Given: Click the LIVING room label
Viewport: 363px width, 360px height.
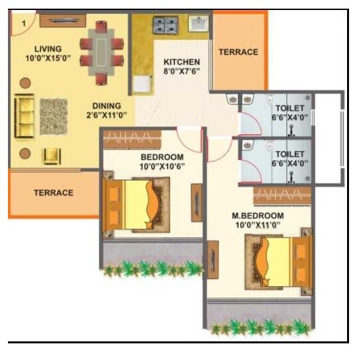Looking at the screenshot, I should pyautogui.click(x=48, y=49).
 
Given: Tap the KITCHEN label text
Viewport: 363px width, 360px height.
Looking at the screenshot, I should pyautogui.click(x=181, y=62).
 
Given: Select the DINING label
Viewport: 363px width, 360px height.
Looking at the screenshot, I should pyautogui.click(x=106, y=105).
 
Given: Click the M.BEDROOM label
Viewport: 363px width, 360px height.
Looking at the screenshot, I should pyautogui.click(x=258, y=216).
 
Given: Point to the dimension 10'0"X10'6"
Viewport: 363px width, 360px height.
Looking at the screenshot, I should pyautogui.click(x=162, y=166).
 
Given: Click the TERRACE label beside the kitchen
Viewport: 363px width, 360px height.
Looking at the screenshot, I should pyautogui.click(x=238, y=52).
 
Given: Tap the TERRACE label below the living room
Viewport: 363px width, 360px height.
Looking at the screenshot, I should pyautogui.click(x=53, y=193).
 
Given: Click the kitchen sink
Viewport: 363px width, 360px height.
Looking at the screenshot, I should pyautogui.click(x=199, y=25).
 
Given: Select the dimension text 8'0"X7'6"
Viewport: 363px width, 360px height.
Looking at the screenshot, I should pyautogui.click(x=181, y=72).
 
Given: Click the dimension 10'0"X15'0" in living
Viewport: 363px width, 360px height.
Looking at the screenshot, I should pyautogui.click(x=48, y=59).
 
